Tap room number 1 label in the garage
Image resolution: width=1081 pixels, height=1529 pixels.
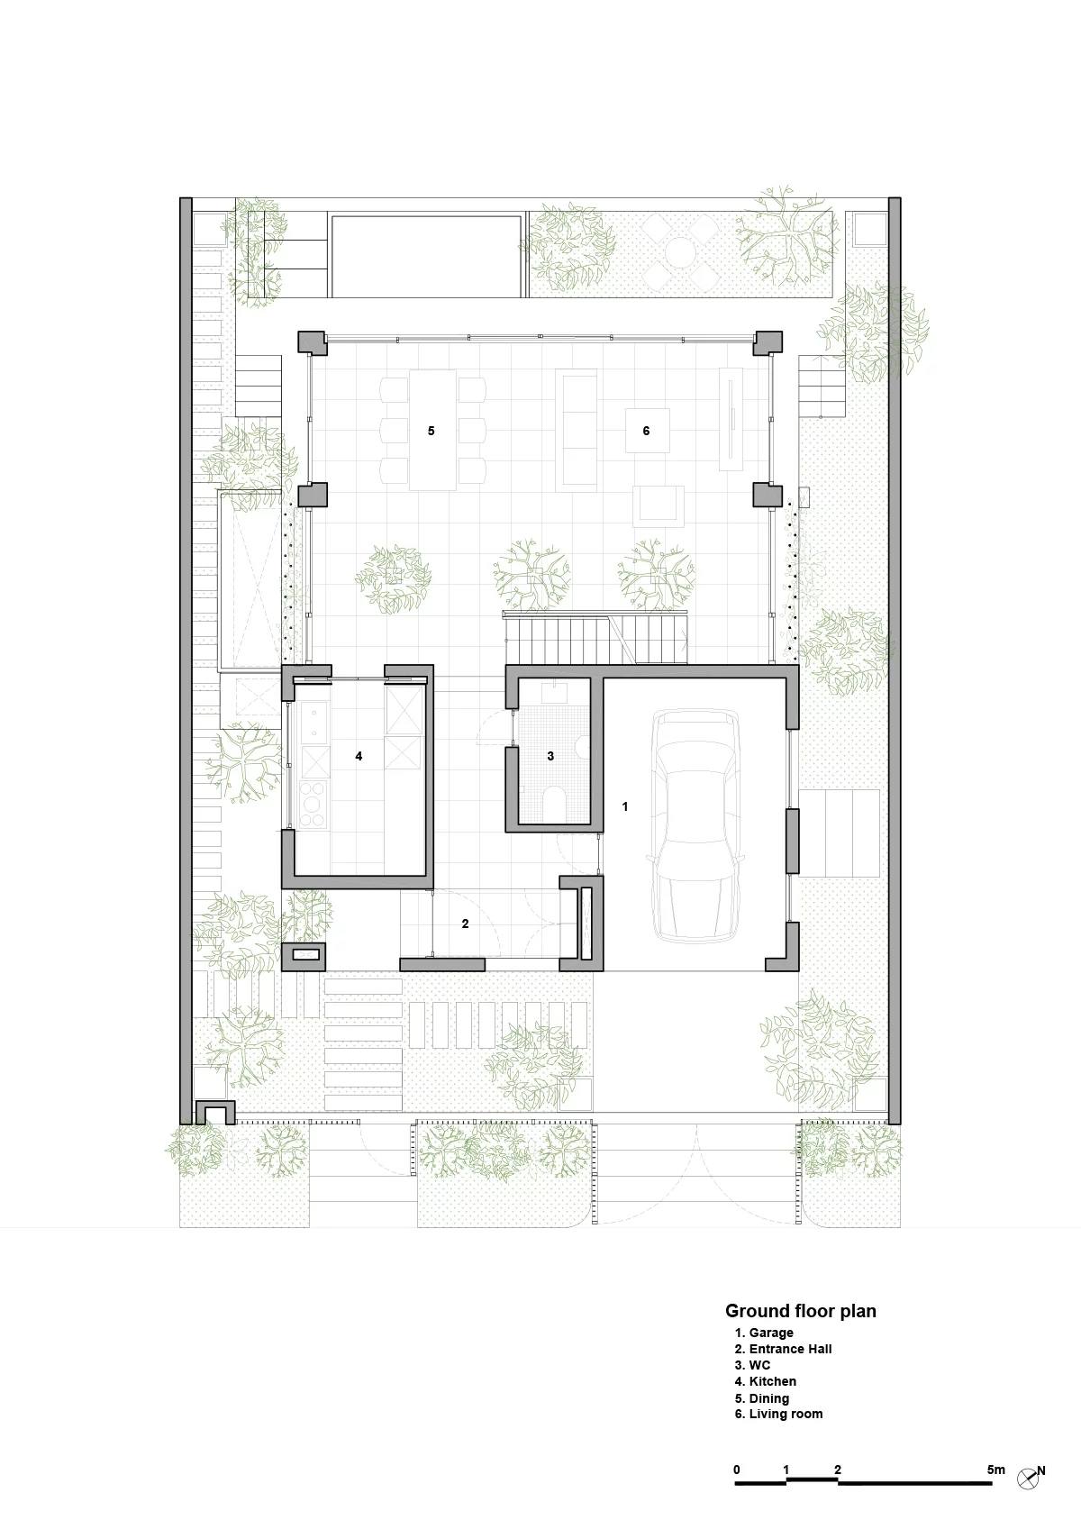point(625,807)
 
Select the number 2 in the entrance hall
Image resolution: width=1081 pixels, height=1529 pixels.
point(465,924)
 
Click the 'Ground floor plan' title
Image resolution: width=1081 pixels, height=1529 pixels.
point(800,1311)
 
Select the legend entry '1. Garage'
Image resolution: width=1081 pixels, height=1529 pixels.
point(764,1333)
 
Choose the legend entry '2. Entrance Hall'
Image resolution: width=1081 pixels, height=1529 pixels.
point(783,1349)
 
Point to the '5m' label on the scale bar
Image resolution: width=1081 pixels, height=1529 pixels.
point(995,1470)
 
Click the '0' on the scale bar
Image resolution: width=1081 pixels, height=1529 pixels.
point(737,1470)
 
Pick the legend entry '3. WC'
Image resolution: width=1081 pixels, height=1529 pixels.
point(752,1365)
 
